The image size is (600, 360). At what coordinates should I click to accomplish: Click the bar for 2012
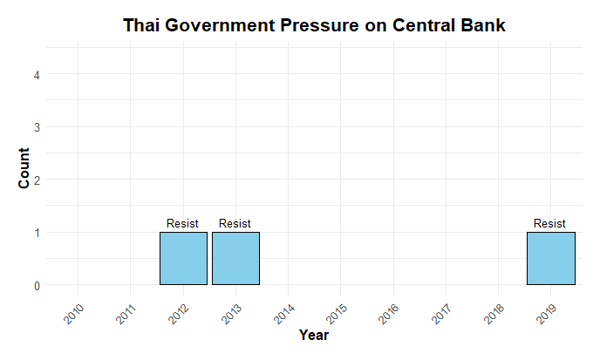pyautogui.click(x=183, y=258)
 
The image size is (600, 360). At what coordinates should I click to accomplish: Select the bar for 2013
pyautogui.click(x=235, y=258)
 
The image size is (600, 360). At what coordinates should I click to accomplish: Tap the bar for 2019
pyautogui.click(x=550, y=258)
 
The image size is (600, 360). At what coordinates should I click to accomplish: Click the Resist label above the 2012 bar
pyautogui.click(x=183, y=224)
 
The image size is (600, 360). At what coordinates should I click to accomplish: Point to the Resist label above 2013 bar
pyautogui.click(x=235, y=224)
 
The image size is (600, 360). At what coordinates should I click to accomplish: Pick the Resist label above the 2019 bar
pyautogui.click(x=550, y=224)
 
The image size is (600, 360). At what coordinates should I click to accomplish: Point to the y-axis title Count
pyautogui.click(x=25, y=168)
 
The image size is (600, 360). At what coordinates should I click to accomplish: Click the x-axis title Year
pyautogui.click(x=314, y=335)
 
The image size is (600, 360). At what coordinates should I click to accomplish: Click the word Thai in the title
pyautogui.click(x=141, y=26)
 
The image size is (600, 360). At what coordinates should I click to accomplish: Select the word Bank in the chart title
pyautogui.click(x=482, y=26)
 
